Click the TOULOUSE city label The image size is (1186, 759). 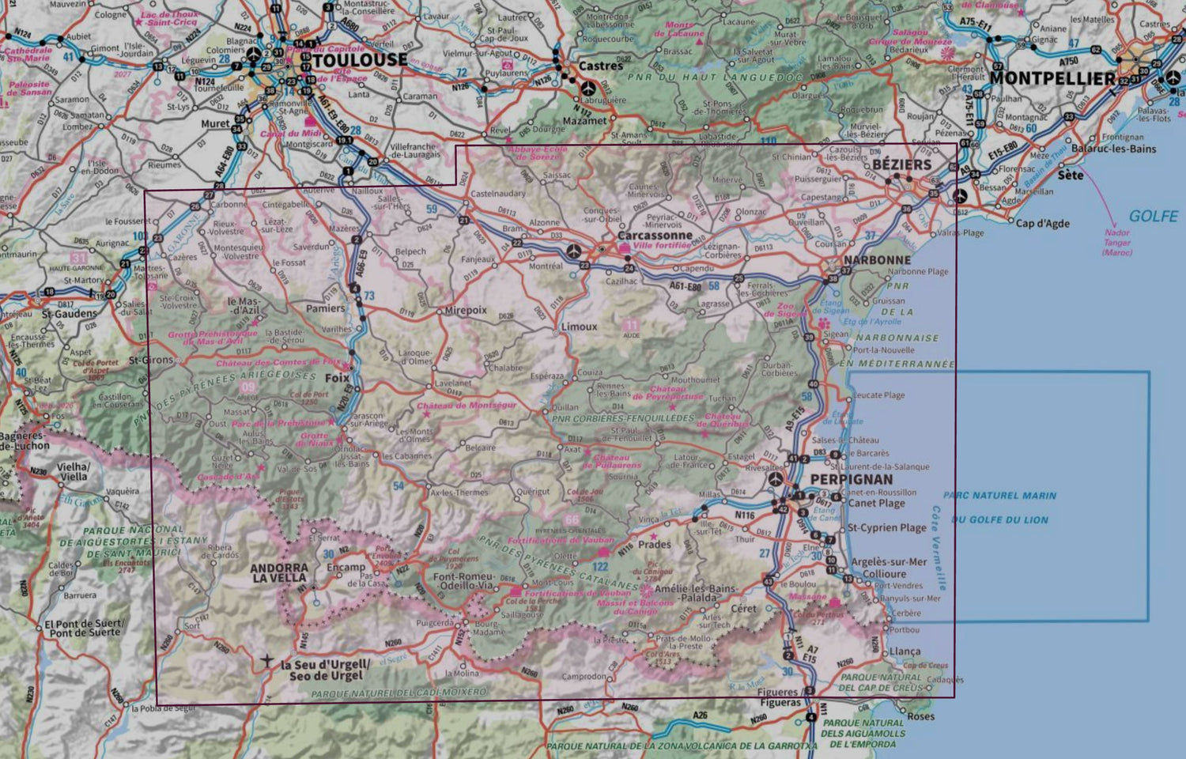click(360, 60)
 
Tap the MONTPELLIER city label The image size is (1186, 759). click(1052, 78)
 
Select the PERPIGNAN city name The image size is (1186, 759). click(852, 479)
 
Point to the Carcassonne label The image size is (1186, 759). click(655, 236)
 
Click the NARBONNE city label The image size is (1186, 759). click(877, 259)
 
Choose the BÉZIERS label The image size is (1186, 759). click(902, 164)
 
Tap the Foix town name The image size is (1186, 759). click(337, 378)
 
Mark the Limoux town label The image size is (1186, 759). click(579, 326)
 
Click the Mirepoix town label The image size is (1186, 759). click(466, 310)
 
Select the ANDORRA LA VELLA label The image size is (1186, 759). click(279, 573)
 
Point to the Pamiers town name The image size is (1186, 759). click(326, 308)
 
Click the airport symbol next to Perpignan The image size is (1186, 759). click(776, 480)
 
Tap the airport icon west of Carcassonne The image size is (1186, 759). click(575, 251)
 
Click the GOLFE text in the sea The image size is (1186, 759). click(1153, 216)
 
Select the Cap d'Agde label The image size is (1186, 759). click(1042, 223)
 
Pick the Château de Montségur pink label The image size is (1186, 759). click(466, 406)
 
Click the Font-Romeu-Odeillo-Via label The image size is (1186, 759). click(463, 581)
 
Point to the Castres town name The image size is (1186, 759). click(601, 66)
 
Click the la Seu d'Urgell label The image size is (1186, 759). click(325, 670)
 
